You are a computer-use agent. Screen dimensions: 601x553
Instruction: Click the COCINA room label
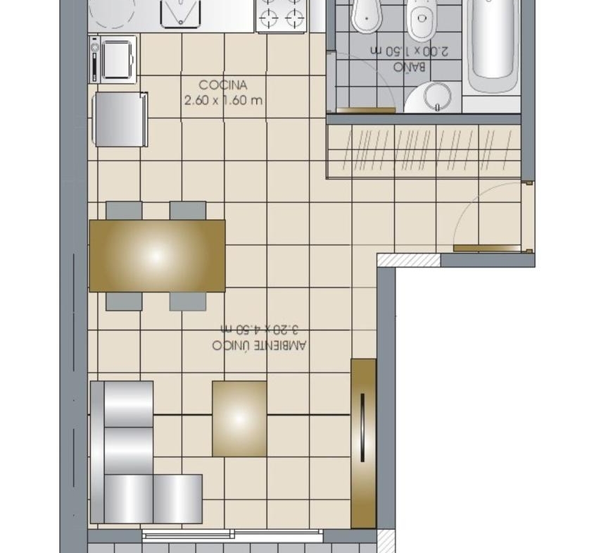pos(222,85)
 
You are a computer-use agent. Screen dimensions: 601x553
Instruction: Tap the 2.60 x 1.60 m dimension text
pos(223,101)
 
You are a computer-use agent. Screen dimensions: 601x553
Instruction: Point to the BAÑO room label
pos(410,66)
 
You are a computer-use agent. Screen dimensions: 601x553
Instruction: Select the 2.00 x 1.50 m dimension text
pos(410,51)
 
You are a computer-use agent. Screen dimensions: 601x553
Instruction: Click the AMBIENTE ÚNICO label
pos(259,345)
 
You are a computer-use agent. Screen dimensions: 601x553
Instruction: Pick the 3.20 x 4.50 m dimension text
pos(259,329)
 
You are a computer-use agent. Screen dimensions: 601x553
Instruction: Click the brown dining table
pos(157,256)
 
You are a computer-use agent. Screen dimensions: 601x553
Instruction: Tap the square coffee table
pos(239,418)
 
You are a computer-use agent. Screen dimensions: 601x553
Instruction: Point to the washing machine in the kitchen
pos(113,59)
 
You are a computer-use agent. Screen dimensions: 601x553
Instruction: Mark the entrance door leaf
pos(487,249)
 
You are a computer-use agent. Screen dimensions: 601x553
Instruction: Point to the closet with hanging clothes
pos(424,151)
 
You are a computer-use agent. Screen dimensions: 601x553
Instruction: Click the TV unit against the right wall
pos(363,443)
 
